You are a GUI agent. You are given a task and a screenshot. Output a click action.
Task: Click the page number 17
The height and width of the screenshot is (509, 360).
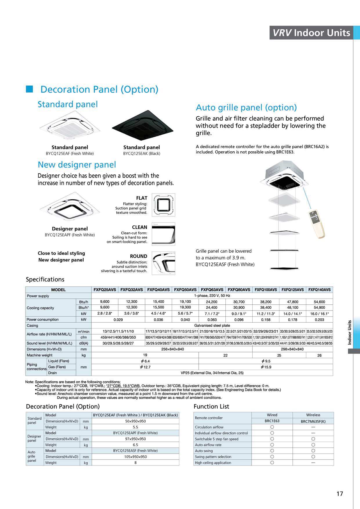coord(340,494)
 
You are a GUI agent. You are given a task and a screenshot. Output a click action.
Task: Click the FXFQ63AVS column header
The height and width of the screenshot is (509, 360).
coord(212,290)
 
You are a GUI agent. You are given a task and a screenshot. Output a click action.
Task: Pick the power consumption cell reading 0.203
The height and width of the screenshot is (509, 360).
coord(319,320)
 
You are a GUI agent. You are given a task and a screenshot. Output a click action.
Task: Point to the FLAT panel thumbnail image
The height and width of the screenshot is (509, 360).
coord(163,205)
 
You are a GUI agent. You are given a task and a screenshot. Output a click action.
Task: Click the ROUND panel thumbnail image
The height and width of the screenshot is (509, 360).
coord(163,263)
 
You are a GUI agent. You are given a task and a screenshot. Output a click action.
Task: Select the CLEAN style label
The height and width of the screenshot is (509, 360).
coord(140,227)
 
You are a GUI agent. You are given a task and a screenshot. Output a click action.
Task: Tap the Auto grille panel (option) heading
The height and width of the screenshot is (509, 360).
coord(246,107)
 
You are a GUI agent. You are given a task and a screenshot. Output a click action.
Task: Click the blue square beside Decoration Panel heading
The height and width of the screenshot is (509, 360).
coord(30,89)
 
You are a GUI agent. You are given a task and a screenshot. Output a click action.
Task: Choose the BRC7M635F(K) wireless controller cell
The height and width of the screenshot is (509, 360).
coord(313,421)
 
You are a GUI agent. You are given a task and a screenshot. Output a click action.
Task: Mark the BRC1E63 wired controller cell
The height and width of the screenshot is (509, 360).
coord(272,421)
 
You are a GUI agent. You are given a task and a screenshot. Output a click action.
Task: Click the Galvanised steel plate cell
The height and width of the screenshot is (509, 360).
coord(212,326)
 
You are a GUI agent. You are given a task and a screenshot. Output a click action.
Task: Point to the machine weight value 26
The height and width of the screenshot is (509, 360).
coord(319,355)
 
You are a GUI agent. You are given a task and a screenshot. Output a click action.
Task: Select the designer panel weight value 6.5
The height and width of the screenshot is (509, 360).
coord(135,445)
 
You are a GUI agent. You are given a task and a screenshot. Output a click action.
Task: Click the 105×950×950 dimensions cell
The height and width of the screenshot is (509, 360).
coord(135,457)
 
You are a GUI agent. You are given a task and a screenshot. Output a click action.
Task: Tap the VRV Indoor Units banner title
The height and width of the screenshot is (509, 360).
coord(311,33)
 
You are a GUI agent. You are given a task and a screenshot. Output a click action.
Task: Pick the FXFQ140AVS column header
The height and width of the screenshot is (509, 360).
coord(319,290)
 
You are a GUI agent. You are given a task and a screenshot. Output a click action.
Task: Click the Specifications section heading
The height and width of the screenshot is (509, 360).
coord(45,279)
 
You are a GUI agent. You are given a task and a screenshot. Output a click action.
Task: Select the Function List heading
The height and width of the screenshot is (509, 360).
coord(211,407)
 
